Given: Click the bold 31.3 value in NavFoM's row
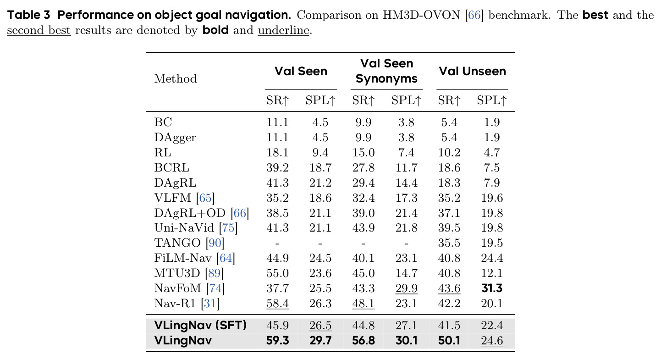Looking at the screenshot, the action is point(491,288).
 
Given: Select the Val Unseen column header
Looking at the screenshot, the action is point(472,71).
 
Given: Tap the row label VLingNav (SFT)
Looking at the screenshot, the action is point(200,326).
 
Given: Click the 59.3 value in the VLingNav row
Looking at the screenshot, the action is point(277,340).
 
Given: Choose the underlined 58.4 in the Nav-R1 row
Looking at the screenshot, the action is point(277,304).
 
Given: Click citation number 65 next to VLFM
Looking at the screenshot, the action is point(205,198).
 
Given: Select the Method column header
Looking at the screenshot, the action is point(175,78).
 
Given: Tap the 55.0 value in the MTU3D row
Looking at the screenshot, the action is point(277,273).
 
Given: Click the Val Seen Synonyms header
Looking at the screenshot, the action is point(386,71).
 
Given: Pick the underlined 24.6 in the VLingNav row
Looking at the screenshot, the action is point(491,341).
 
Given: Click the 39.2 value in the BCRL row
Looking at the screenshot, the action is point(277,168).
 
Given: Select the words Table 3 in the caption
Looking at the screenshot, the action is point(28,15).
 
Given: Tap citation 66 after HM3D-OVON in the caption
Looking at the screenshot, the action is point(474,15).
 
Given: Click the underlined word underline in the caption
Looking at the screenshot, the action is point(283,30).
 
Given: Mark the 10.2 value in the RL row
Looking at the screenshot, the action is point(449,153).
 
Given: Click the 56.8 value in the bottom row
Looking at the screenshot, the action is point(363,340).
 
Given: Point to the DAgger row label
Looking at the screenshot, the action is point(175,138).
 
